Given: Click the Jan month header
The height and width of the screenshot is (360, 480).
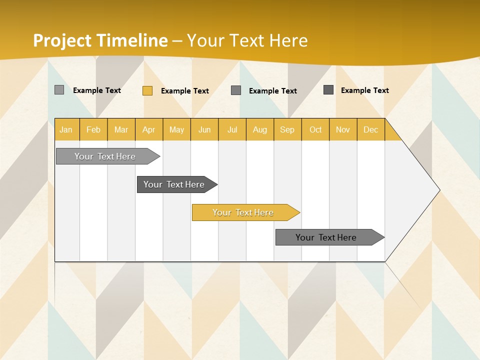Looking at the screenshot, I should click(66, 129).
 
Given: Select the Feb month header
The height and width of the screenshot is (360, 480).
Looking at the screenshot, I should click(93, 129).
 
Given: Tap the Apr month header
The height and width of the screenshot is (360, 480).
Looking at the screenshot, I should click(148, 129).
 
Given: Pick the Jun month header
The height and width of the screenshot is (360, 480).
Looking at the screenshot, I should click(204, 129).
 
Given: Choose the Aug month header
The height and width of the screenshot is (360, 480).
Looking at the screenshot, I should click(259, 129).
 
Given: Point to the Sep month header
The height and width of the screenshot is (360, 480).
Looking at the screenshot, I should click(287, 129).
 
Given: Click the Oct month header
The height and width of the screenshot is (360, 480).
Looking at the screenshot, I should click(315, 129).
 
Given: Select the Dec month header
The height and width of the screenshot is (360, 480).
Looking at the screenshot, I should click(370, 129).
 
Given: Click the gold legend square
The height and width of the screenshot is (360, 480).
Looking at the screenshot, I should click(147, 90).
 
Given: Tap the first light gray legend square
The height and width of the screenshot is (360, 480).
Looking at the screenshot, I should click(59, 90).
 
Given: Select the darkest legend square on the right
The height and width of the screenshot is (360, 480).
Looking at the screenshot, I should click(328, 90).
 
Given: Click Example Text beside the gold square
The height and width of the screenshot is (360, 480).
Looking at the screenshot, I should click(184, 91).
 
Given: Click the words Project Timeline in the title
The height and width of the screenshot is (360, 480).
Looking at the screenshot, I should click(100, 40).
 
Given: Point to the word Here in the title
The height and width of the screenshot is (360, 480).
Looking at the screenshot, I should click(288, 40).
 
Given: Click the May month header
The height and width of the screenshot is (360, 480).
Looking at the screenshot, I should click(176, 129).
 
